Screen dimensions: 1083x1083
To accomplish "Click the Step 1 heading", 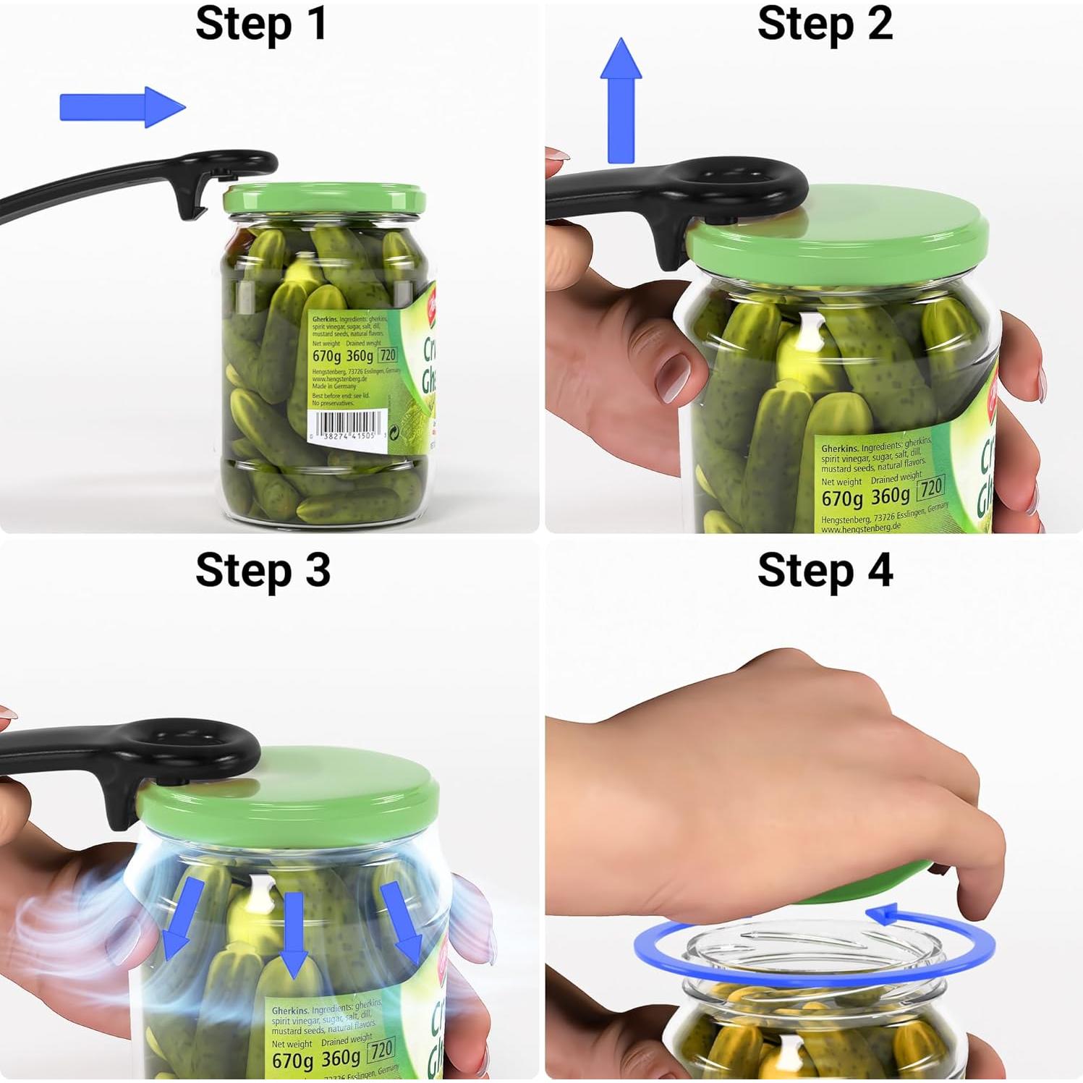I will (x=261, y=24).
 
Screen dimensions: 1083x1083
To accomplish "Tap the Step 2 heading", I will (x=824, y=24).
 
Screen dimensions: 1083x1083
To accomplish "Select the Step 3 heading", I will (x=263, y=571).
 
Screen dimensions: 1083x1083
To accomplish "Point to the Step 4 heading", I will (x=825, y=571).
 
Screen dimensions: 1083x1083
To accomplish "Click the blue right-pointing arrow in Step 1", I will (x=122, y=108).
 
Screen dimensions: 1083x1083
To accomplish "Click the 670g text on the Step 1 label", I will (x=327, y=356).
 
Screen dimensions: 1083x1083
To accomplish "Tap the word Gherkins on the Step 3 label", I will (x=289, y=1010).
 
